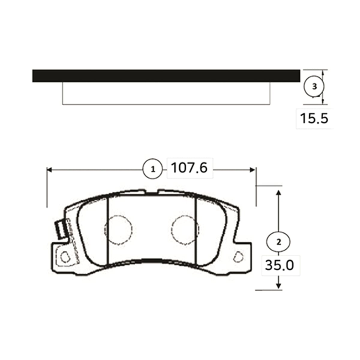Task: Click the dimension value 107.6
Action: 189,168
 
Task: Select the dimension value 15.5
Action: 314,118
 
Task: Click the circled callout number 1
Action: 153,169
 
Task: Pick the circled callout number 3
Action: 314,87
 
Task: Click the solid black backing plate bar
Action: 166,76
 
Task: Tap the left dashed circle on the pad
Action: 118,230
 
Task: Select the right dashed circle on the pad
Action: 185,230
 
